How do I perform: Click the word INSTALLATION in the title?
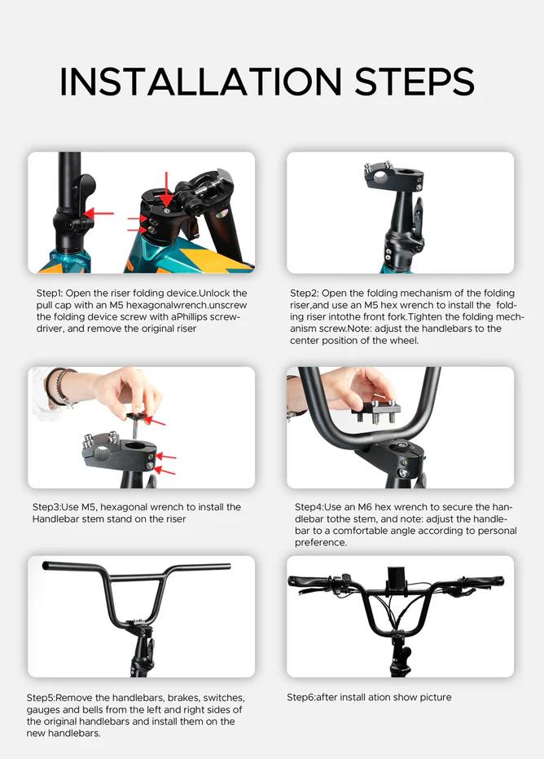point(200,81)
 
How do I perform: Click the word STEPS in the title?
point(415,81)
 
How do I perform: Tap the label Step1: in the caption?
point(50,293)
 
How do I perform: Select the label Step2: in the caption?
point(304,293)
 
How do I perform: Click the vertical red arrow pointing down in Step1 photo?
point(166,189)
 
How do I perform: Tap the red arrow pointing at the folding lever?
point(99,214)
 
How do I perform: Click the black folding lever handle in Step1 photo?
point(83,188)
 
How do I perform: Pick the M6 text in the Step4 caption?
point(365,507)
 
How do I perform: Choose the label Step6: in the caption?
point(301,698)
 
